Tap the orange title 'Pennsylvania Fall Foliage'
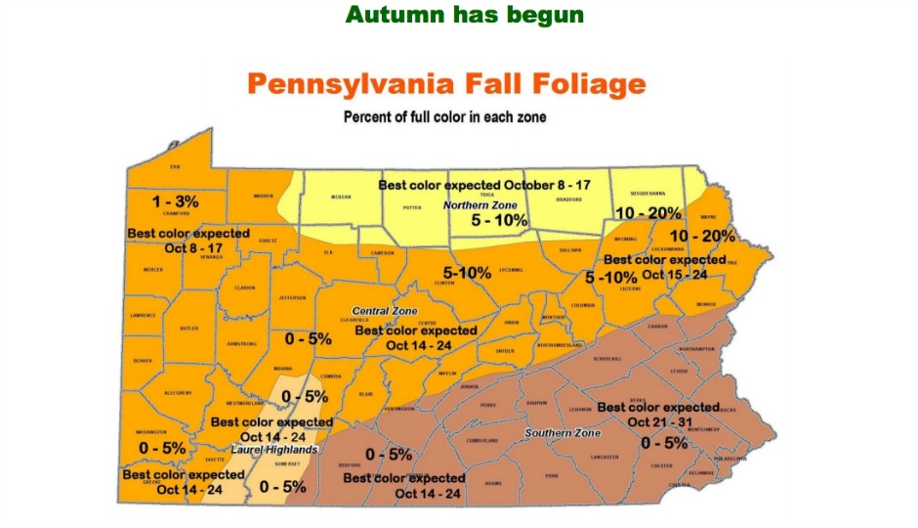click(446, 84)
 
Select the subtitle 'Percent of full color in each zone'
click(444, 117)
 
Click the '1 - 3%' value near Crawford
click(176, 201)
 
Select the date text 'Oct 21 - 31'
click(660, 421)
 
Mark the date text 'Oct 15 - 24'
click(674, 275)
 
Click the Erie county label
click(176, 167)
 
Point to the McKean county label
click(341, 197)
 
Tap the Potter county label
click(410, 207)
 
